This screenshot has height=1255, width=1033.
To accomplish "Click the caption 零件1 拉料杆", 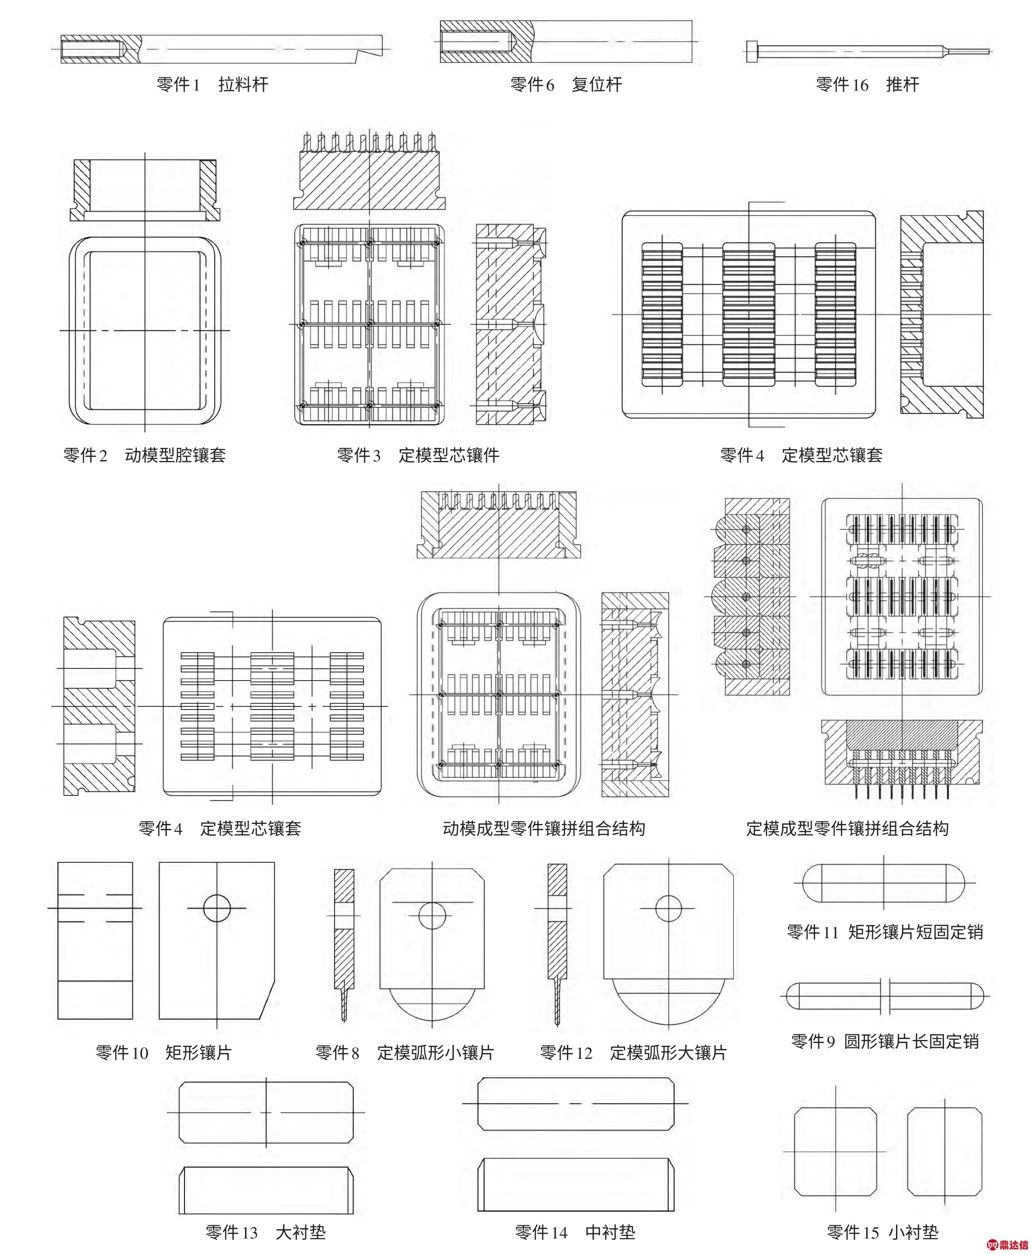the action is [212, 85].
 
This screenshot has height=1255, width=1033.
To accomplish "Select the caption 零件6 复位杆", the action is [566, 85].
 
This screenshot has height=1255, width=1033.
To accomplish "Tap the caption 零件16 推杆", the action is [868, 85].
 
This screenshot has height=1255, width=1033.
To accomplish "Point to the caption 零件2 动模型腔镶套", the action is [145, 455].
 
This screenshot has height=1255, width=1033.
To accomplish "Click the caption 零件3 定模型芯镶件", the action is [418, 455].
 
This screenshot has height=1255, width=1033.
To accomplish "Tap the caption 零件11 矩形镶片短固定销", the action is [885, 931].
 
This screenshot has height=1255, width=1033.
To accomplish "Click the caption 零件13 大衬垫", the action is [265, 1232].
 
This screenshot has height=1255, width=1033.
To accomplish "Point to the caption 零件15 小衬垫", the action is [882, 1232].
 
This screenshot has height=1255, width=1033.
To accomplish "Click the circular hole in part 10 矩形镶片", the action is [217, 908].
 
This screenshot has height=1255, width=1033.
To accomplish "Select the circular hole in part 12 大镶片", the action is [668, 908].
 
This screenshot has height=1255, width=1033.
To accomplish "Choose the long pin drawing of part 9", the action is [885, 996].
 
